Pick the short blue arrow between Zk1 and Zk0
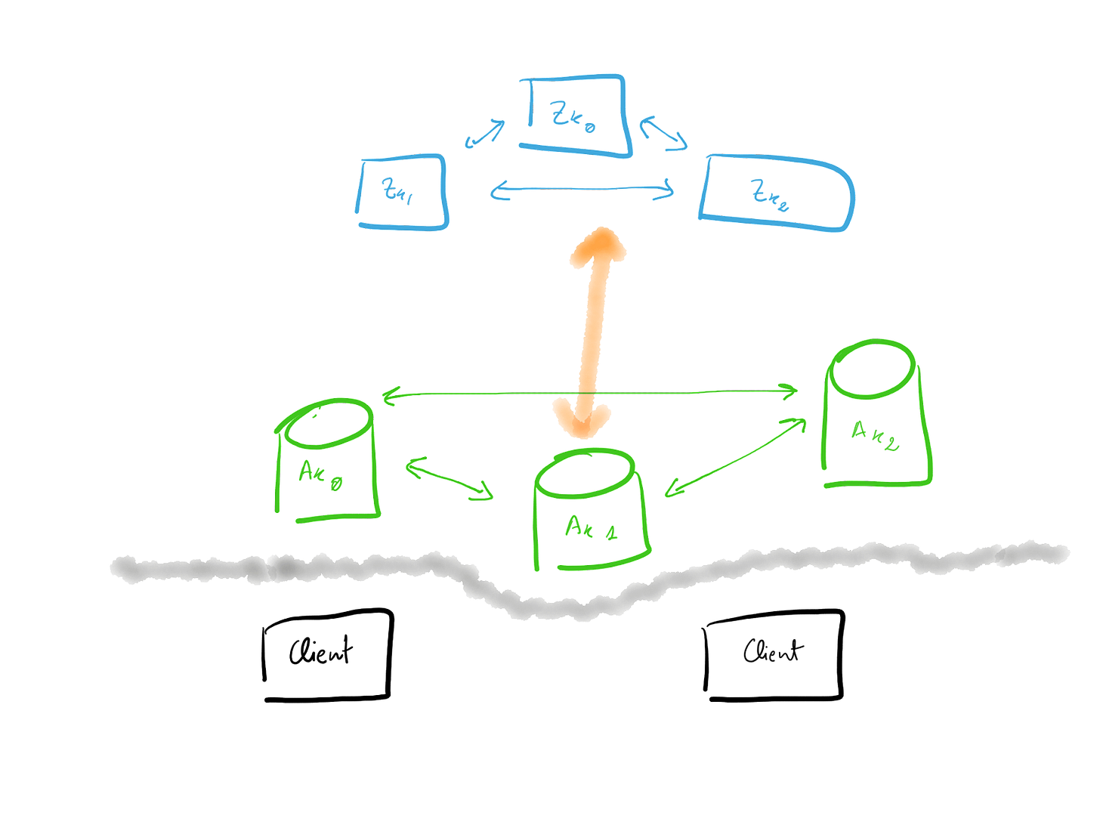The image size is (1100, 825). click(x=484, y=134)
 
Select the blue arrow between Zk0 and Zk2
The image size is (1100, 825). click(x=663, y=134)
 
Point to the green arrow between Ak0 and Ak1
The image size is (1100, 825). click(x=450, y=478)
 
